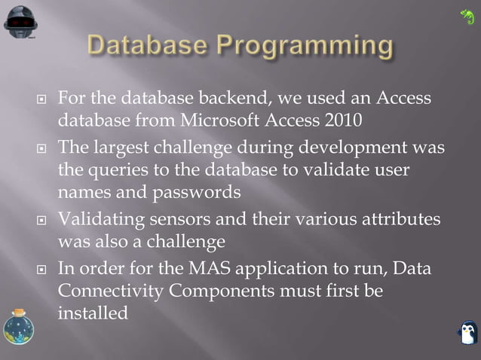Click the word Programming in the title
click(305, 47)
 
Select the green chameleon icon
click(467, 16)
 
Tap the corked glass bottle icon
click(17, 329)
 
